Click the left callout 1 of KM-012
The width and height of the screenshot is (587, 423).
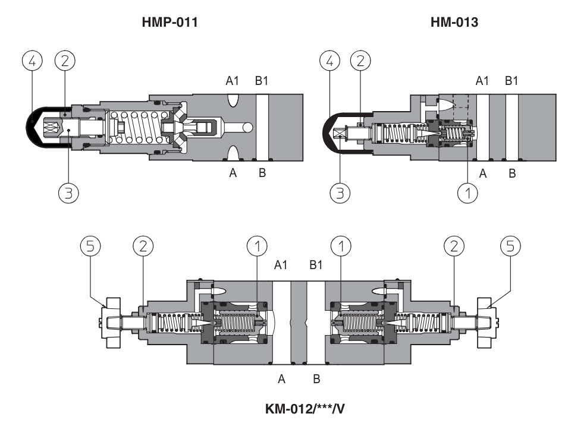257,246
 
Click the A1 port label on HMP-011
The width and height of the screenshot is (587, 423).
233,81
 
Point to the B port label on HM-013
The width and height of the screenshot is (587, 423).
511,173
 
